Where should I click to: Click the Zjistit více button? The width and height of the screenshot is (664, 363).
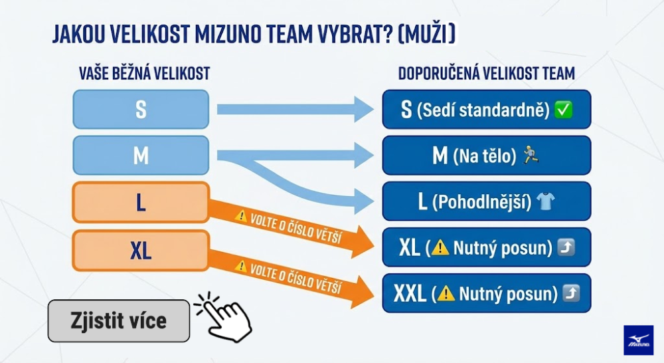tap(119, 321)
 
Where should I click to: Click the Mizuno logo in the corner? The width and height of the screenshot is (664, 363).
tap(638, 340)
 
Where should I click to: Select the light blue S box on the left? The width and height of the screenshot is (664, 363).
tap(141, 109)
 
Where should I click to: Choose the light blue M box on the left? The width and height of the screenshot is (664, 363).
tap(141, 156)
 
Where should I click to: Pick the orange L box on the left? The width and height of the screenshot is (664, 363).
tap(141, 203)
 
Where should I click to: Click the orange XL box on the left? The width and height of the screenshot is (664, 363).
tap(141, 250)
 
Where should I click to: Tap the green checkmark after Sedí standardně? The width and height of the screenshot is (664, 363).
tap(564, 110)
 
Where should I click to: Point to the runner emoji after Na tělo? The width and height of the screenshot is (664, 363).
tap(531, 156)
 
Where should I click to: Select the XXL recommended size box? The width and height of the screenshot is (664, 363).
tap(486, 293)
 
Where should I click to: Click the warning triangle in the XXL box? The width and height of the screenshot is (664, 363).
tap(446, 293)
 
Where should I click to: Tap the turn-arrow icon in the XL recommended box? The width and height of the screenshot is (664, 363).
tap(566, 248)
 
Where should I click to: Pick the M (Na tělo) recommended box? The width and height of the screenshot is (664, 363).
tap(486, 156)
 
